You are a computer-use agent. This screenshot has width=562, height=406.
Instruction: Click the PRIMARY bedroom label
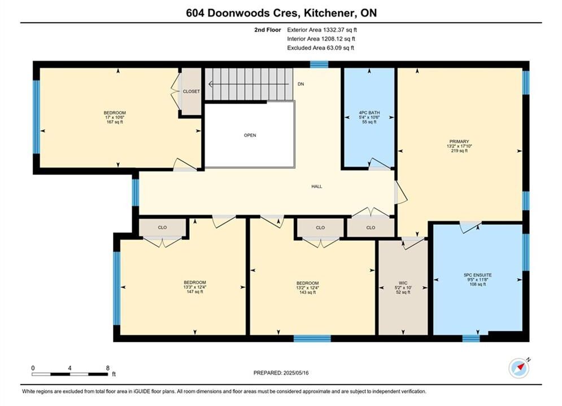click(459, 142)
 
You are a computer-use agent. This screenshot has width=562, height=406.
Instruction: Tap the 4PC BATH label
click(369, 113)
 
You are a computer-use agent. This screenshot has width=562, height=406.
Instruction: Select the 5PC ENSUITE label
click(478, 275)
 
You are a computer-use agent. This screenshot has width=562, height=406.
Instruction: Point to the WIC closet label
click(403, 283)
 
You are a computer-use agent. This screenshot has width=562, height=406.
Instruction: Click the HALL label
click(316, 187)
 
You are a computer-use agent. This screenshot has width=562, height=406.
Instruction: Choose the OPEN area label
click(250, 135)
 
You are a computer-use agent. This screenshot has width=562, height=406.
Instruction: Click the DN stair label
click(300, 84)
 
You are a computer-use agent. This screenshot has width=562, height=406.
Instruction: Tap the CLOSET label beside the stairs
click(191, 91)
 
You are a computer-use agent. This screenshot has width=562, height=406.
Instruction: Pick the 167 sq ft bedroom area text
click(115, 122)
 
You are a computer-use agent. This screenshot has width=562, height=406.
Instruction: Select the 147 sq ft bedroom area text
click(195, 292)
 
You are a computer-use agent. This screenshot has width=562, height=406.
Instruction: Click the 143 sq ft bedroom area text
click(307, 292)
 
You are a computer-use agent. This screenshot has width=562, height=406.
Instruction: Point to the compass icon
click(519, 368)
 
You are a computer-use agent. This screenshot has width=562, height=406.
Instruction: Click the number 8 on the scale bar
click(107, 368)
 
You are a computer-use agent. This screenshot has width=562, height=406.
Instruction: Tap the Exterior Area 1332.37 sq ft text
click(322, 30)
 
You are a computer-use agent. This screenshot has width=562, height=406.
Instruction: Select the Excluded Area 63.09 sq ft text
click(320, 47)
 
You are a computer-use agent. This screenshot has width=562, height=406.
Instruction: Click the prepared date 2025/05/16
click(296, 373)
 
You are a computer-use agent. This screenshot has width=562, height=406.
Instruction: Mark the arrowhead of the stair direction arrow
click(210, 84)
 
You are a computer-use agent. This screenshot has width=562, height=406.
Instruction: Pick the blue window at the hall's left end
click(136, 192)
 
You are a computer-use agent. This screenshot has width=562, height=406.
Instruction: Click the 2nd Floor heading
click(268, 30)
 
